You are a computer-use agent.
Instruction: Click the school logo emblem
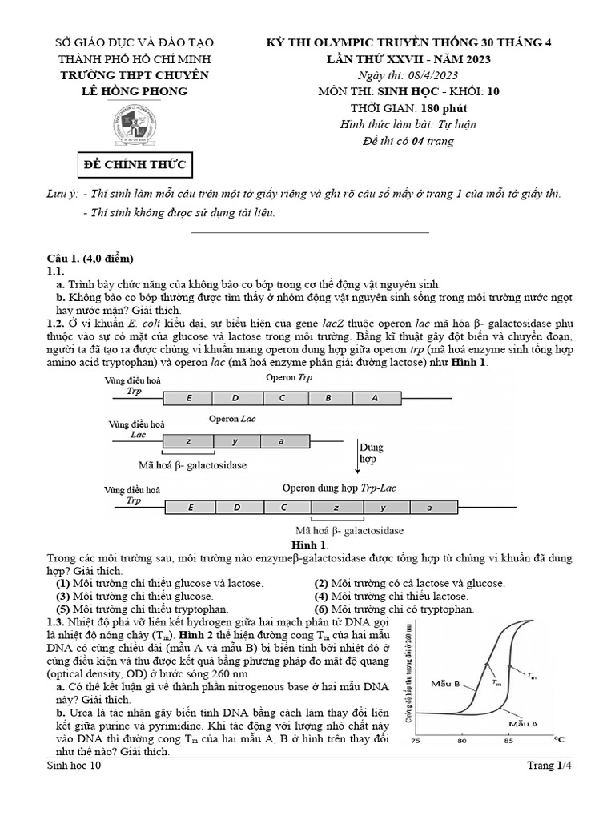point(132,122)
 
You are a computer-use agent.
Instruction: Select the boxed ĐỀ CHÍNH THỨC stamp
point(135,166)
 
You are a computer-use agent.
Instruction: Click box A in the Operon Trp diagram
point(375,398)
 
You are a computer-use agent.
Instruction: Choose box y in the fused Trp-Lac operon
point(383,507)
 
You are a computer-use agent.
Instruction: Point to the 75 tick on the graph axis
point(416,741)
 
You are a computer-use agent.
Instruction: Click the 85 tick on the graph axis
point(508,741)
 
